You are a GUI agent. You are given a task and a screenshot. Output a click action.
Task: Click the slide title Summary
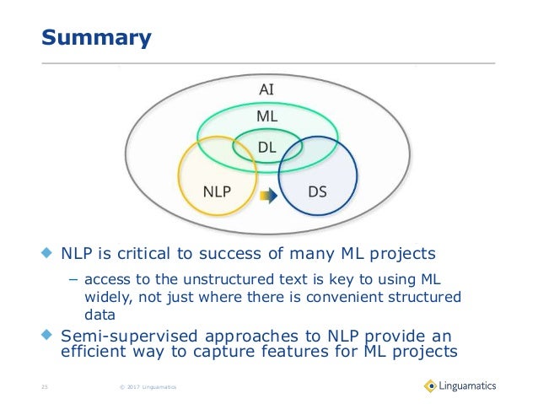pos(97,38)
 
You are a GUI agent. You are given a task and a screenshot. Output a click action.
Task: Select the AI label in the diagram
pos(266,89)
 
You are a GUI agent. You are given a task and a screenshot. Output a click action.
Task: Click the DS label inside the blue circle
pos(318,191)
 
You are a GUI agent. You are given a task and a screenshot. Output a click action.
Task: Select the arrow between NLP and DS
pos(267,196)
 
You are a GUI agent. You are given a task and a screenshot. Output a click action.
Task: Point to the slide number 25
pos(46,387)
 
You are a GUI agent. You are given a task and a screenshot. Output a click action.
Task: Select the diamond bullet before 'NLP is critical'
pos(47,252)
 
